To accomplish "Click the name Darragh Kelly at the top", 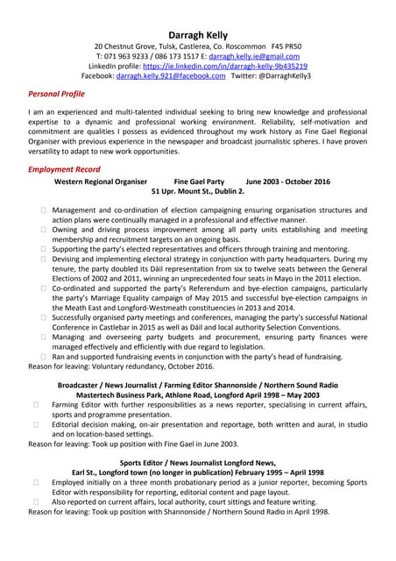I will click(198, 29).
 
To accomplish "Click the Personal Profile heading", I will click(57, 94).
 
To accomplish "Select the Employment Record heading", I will click(64, 169).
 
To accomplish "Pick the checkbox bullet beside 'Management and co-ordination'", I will click(43, 211).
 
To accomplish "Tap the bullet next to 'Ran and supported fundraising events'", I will click(43, 357).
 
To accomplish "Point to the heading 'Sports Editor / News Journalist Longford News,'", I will click(198, 462).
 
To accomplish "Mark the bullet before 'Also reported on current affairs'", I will click(36, 501).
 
